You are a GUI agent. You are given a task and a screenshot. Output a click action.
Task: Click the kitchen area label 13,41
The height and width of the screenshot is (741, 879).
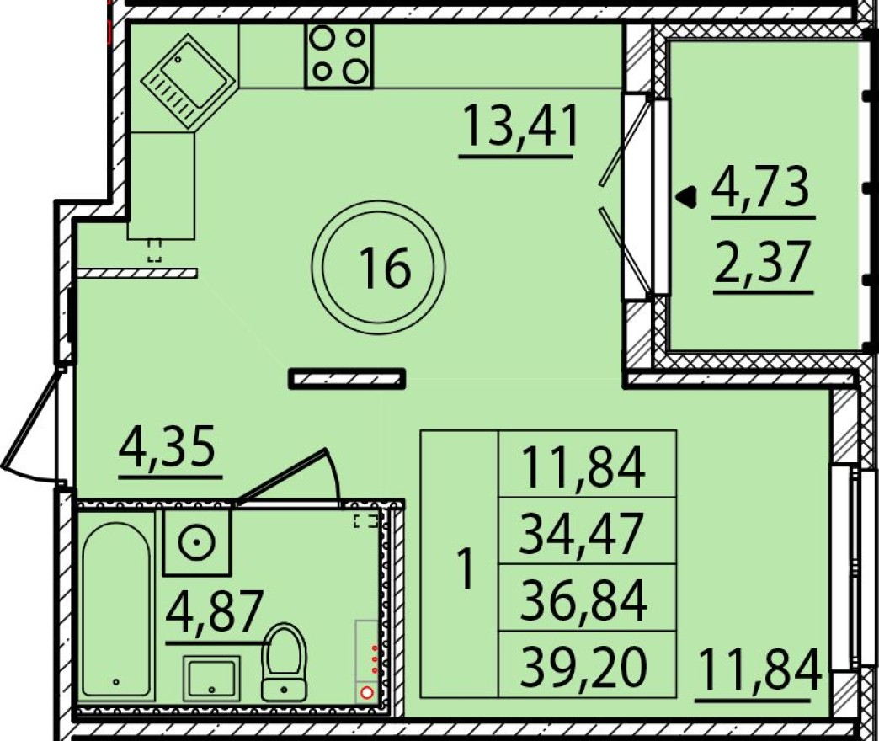[520, 129]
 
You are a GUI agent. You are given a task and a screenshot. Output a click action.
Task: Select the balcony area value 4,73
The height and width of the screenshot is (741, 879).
[760, 189]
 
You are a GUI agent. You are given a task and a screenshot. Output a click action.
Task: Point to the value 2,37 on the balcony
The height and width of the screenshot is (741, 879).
[763, 263]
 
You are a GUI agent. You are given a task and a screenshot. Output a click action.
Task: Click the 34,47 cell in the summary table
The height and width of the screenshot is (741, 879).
[582, 534]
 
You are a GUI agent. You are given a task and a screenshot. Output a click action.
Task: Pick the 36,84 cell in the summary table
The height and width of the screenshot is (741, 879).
[583, 600]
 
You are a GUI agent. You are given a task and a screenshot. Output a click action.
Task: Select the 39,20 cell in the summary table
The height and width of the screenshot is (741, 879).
[583, 667]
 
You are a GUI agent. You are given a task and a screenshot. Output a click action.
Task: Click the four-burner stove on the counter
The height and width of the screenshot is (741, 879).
[338, 55]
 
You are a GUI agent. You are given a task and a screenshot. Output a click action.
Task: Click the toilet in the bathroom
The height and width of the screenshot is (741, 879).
[285, 662]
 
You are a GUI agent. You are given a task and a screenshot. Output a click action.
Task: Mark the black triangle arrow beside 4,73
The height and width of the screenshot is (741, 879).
[688, 197]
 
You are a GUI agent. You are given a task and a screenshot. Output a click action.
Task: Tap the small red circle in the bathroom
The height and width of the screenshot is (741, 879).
[367, 693]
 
